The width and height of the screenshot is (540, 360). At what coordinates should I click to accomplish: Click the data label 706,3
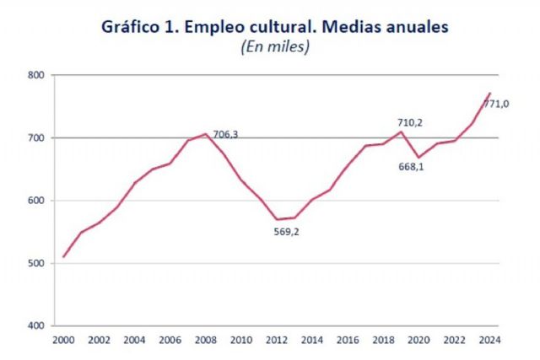click(x=225, y=134)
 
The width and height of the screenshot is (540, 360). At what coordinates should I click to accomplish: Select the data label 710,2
click(x=410, y=122)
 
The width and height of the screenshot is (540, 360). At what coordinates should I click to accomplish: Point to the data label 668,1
click(x=410, y=166)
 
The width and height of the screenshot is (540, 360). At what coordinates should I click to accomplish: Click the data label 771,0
click(x=496, y=104)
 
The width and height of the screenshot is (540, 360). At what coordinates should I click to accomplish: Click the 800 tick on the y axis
click(x=35, y=75)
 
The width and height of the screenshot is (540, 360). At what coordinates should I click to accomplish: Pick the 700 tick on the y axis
click(x=35, y=137)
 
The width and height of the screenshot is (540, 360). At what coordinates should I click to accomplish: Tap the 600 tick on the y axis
click(x=35, y=201)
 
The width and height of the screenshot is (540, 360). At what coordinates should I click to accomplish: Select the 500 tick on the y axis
click(x=35, y=263)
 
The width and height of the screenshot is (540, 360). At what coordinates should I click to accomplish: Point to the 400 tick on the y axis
click(x=35, y=325)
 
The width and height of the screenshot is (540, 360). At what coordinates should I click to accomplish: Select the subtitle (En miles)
click(x=276, y=48)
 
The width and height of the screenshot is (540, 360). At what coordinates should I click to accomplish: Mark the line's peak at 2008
click(x=206, y=134)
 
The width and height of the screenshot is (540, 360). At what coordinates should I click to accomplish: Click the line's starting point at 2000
click(x=64, y=256)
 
